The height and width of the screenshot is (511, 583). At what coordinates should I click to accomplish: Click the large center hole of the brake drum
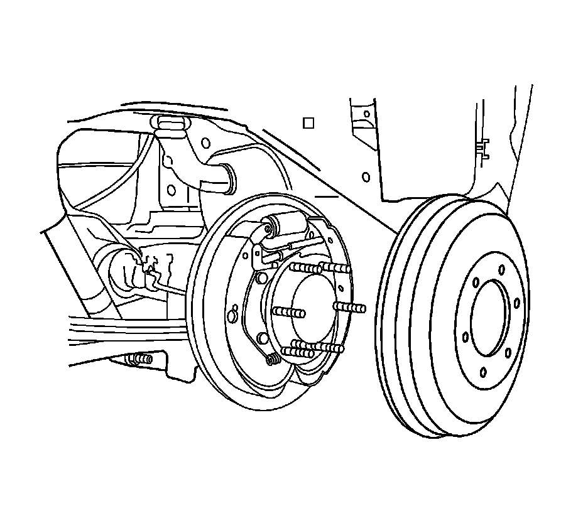tap(488, 318)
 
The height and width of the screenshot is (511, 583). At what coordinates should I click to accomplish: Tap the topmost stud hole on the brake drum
tap(501, 269)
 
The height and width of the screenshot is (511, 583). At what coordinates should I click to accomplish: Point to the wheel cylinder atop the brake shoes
tap(286, 224)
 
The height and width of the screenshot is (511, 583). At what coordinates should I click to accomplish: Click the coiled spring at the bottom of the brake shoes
tap(274, 359)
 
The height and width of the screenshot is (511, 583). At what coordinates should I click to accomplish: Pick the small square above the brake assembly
tap(308, 123)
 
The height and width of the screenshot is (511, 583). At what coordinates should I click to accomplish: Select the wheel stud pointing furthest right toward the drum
tap(351, 308)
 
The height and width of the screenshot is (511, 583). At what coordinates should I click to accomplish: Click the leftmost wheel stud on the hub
tap(288, 311)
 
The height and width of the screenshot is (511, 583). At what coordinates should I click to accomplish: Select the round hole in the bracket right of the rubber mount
tap(205, 143)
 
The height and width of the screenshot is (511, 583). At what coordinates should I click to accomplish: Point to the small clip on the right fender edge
tap(482, 147)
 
